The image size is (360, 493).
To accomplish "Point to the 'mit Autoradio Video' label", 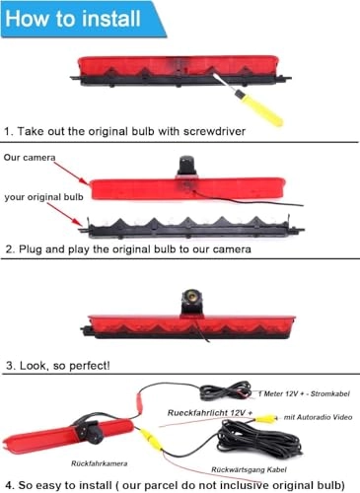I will [x=315, y=419].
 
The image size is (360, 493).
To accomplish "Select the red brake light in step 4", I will [x=49, y=435].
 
